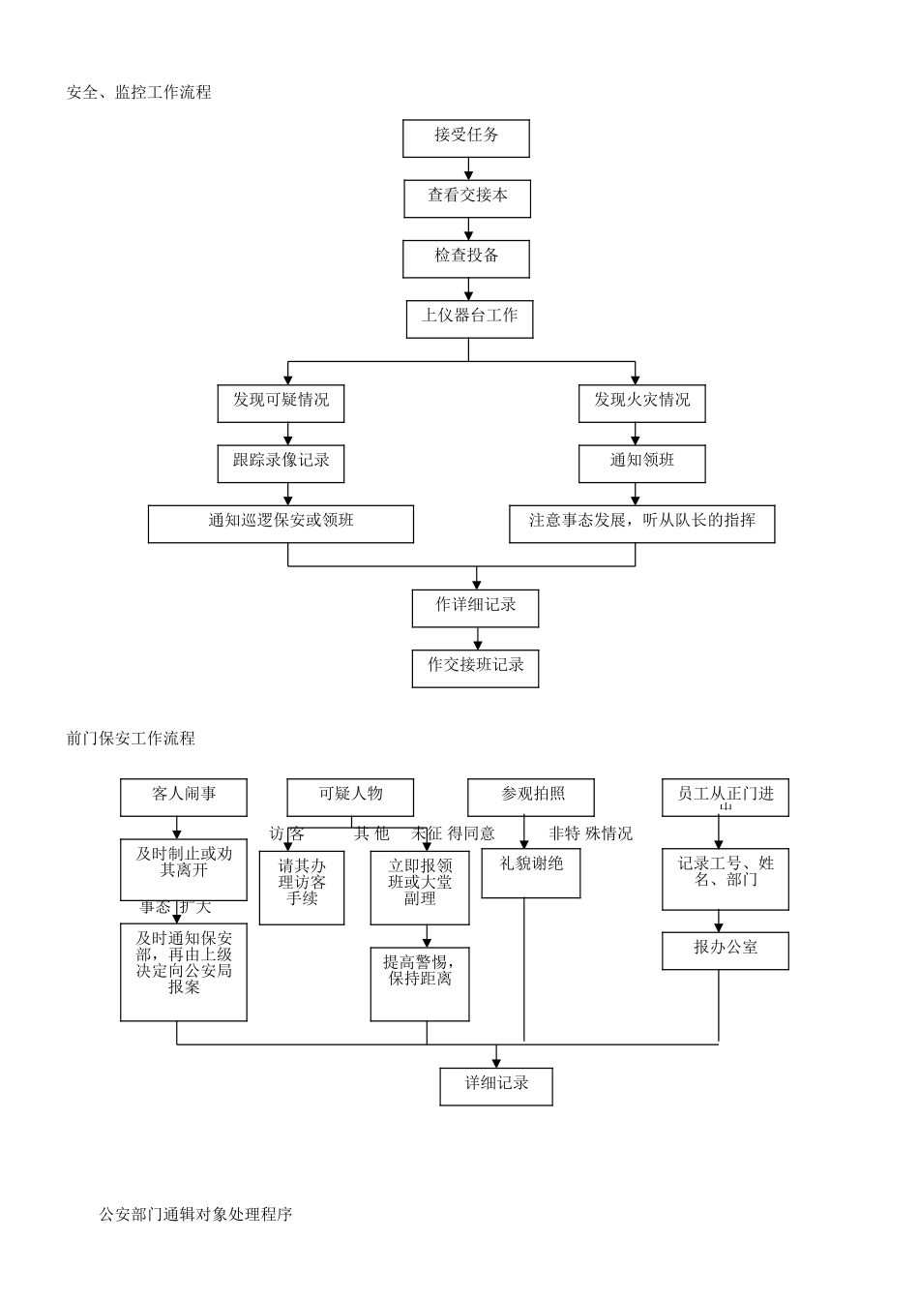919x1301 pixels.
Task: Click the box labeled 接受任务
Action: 465,138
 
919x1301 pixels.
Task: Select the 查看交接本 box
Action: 467,198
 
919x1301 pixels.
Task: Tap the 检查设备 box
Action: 466,258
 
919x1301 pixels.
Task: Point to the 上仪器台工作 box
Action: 469,318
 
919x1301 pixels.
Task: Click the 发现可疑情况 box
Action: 281,403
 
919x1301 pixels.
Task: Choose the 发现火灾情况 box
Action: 641,403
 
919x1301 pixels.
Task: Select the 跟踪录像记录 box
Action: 281,463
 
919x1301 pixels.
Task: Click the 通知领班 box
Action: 641,463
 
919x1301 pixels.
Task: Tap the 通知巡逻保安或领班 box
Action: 281,524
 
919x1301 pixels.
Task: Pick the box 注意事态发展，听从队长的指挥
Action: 641,524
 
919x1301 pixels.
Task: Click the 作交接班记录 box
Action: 475,668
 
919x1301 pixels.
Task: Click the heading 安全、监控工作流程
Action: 138,93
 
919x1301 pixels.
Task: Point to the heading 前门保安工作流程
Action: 131,739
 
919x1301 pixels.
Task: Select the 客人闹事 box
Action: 184,798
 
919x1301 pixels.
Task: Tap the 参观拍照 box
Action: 531,798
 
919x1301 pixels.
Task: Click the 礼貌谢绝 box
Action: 531,873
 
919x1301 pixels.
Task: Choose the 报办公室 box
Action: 726,951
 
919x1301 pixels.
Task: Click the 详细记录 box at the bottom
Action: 496,1086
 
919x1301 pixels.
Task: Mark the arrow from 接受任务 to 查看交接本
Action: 469,169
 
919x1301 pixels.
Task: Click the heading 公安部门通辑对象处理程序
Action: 195,1214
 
